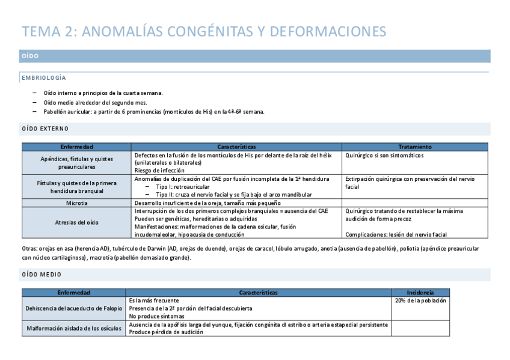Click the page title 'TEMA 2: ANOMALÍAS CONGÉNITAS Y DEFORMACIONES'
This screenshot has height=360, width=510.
204,31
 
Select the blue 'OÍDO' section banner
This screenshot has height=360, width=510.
255,56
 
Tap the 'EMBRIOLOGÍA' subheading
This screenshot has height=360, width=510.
44,78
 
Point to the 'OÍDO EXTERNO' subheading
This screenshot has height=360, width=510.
45,129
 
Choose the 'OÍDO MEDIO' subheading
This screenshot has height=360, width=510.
41,275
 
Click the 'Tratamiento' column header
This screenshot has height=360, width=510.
414,147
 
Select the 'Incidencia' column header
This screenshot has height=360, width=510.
420,293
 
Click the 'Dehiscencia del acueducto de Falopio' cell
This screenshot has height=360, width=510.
74,308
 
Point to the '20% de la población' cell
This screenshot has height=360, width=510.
420,301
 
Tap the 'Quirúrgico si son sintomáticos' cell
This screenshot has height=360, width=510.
384,155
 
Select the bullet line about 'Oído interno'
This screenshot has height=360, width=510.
103,93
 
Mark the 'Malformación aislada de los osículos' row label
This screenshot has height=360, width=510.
74,328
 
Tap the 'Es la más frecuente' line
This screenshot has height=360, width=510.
154,301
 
